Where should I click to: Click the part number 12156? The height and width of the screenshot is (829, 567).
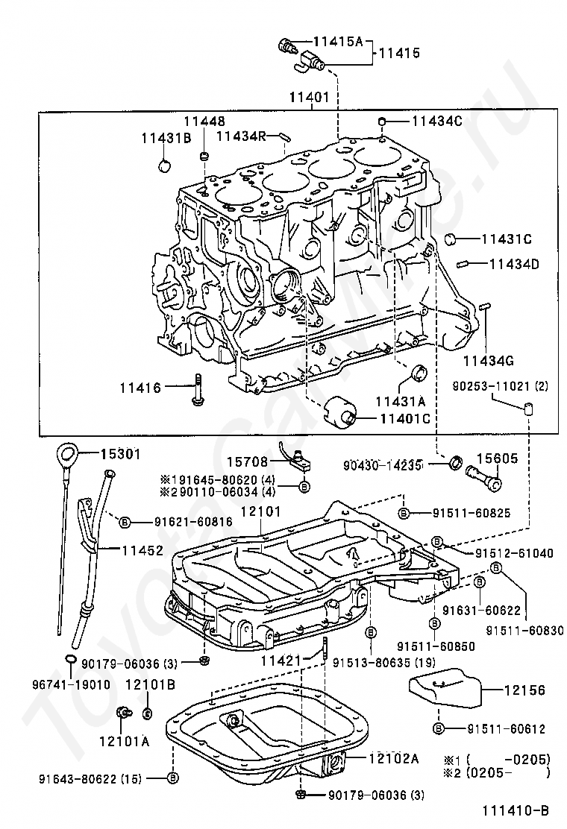pos(519,691)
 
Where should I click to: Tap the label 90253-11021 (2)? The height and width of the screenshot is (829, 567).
pos(499,386)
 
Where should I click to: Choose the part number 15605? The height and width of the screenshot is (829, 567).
pos(497,459)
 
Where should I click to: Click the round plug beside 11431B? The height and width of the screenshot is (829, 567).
pos(166,164)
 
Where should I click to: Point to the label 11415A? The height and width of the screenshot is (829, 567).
pos(337,42)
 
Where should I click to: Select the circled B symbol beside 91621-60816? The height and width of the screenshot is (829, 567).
pos(125,522)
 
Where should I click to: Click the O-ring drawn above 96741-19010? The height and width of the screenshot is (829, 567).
pos(70,658)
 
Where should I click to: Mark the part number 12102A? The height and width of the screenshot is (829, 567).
pos(393,758)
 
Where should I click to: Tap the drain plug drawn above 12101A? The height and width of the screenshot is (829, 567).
pos(121,713)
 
